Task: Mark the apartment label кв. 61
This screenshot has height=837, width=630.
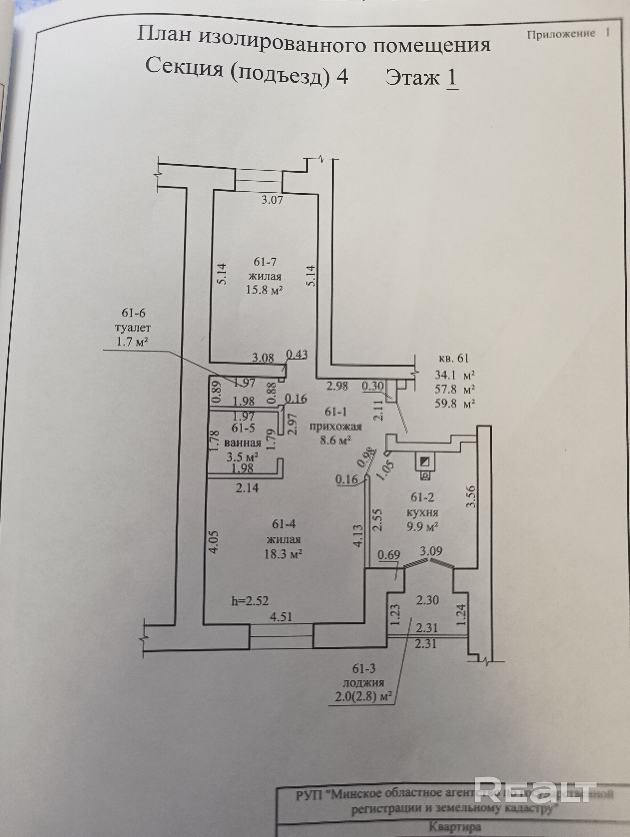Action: point(453,358)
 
